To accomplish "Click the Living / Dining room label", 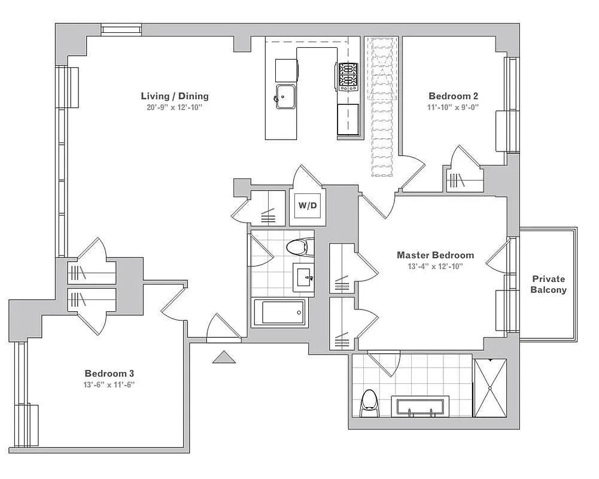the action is click(x=175, y=96).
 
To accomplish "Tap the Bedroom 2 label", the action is click(x=453, y=96).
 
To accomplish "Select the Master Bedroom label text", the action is click(x=435, y=255).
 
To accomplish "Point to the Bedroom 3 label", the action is click(x=110, y=373).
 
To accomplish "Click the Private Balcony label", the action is click(x=549, y=284).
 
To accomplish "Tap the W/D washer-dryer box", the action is click(x=308, y=205).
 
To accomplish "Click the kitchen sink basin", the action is click(x=285, y=96).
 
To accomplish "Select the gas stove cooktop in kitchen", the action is click(x=348, y=77).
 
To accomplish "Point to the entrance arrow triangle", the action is click(x=224, y=357).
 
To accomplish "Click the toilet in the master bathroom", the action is click(x=369, y=404).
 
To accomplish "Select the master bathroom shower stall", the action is click(x=490, y=388).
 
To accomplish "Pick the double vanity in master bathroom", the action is click(x=420, y=407).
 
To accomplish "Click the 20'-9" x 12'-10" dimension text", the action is click(x=174, y=107).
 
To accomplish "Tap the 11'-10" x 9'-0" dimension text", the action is click(x=453, y=107).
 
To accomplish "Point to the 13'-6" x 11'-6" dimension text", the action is click(x=110, y=384).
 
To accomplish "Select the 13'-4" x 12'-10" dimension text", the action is click(x=436, y=266).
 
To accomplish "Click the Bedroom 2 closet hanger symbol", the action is click(x=457, y=180).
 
